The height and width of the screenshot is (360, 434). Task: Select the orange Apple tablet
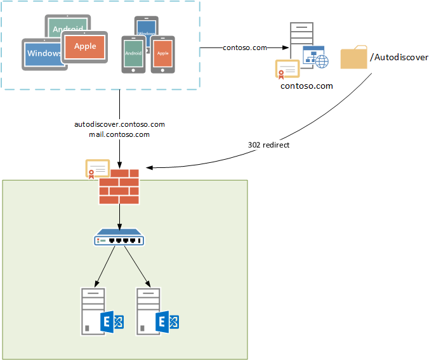85,46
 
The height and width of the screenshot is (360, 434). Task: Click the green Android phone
133,55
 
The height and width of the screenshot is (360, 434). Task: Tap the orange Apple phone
163,54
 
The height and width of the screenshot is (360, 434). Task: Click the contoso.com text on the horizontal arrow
244,48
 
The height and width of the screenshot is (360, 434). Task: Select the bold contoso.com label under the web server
306,86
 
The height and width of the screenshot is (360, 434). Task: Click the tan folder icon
353,57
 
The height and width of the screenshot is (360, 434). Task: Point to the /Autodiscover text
399,58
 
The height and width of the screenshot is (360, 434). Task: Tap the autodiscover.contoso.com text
119,124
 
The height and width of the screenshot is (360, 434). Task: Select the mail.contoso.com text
119,134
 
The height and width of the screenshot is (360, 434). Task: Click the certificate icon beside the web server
287,68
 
